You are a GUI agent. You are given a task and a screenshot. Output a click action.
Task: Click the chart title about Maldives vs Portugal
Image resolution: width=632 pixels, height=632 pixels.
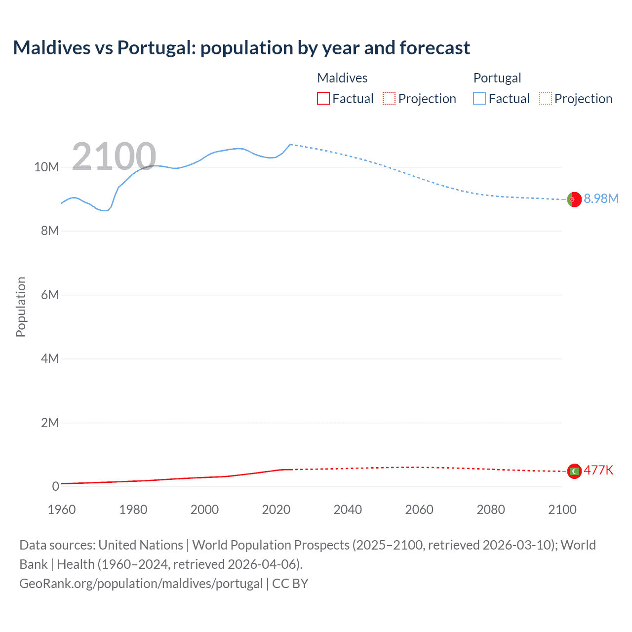[241, 48]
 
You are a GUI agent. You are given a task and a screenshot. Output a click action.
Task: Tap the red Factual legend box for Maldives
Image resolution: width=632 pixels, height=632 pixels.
[323, 98]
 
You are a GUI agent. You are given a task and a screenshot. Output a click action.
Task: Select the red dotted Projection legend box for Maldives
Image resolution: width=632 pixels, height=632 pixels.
[389, 98]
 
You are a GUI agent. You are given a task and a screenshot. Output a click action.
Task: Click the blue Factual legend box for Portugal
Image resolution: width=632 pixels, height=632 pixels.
[479, 98]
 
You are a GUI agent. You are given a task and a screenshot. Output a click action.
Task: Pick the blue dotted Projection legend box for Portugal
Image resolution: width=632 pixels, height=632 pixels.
[545, 98]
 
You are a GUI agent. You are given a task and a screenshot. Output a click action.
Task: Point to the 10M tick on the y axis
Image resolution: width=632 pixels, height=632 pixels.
[46, 167]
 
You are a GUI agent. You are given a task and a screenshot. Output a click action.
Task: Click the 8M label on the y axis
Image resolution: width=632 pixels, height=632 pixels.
[49, 231]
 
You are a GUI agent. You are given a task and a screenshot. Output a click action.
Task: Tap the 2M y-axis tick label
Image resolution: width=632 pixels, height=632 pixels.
[49, 423]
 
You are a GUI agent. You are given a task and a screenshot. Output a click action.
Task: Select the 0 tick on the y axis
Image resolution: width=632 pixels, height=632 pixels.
[55, 486]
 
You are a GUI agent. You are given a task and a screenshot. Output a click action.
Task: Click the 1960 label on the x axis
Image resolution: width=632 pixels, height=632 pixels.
[62, 510]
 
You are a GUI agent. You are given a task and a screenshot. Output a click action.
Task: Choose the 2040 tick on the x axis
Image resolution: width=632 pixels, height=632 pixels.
[348, 510]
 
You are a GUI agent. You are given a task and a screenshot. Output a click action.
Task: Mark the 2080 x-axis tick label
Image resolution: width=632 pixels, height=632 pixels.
[491, 510]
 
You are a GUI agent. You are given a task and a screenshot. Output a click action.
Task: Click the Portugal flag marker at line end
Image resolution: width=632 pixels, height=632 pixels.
[574, 199]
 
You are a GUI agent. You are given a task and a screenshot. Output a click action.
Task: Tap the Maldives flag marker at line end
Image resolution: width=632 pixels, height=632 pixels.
[574, 471]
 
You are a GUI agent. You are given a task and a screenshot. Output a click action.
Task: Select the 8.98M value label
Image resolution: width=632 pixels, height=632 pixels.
[601, 198]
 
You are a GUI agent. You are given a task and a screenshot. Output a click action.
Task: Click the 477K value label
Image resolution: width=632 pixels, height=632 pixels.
[598, 470]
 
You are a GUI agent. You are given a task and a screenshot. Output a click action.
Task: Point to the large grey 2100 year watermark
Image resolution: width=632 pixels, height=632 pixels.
[114, 157]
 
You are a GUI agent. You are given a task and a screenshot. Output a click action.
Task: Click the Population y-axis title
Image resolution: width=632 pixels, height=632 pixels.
[21, 307]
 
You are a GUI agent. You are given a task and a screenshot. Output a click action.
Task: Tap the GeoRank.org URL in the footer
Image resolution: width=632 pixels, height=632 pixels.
[141, 584]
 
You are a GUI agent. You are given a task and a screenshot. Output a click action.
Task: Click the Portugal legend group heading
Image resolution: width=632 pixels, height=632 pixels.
[497, 78]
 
